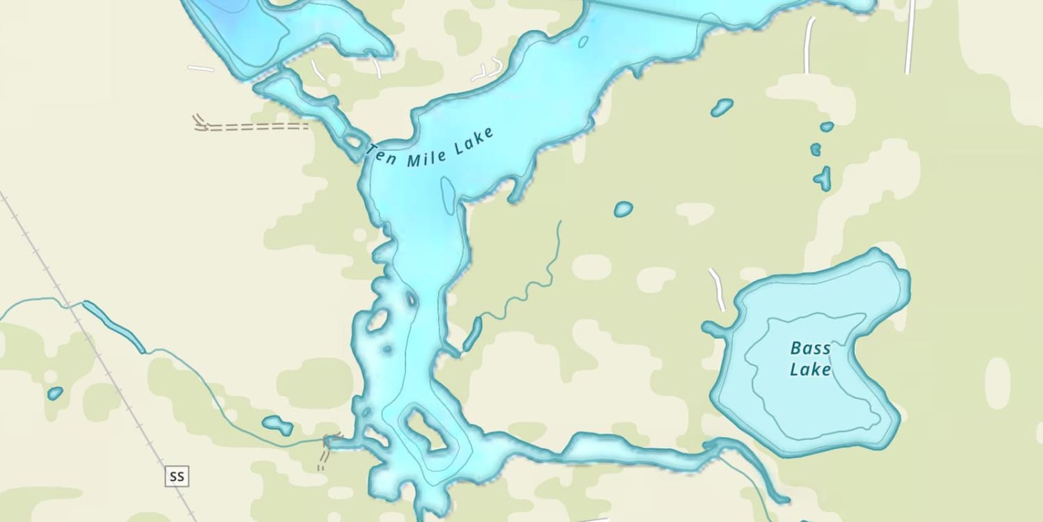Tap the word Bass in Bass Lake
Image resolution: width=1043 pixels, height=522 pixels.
810,348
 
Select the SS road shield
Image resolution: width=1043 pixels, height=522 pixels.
177,477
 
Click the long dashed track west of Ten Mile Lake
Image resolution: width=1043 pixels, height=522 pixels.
257,127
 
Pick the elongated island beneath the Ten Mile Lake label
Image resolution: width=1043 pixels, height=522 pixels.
448,196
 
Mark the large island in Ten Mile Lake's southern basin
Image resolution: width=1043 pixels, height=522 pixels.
426,429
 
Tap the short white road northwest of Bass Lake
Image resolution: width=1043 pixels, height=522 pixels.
717,289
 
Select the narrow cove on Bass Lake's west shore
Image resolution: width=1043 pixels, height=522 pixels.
716,329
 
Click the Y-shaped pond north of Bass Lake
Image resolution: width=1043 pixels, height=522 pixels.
823,178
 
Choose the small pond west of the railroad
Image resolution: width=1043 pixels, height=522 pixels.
55,393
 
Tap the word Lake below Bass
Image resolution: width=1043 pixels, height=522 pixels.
810,370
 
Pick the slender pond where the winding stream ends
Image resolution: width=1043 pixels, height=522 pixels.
472,334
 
